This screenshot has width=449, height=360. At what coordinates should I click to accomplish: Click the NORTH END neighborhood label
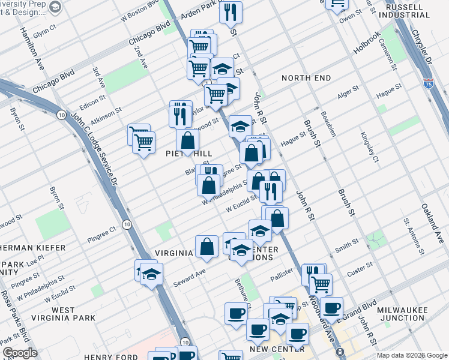306,78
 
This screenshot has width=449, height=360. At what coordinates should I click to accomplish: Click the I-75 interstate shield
429,85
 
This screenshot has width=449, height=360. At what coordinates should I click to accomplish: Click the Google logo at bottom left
19,353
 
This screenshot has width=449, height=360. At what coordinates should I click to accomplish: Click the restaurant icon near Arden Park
231,11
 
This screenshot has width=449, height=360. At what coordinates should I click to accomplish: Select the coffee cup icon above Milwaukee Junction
331,308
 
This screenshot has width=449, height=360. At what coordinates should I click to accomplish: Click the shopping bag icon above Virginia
206,246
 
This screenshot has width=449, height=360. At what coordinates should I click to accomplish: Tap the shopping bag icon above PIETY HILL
187,141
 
